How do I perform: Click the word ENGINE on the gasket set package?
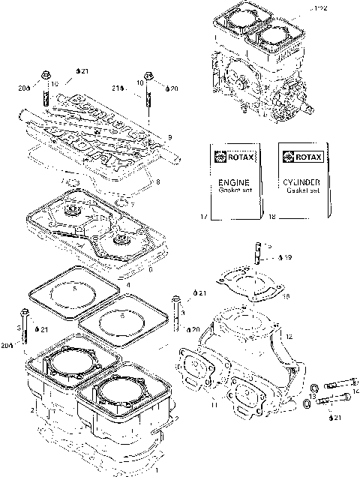[232, 181]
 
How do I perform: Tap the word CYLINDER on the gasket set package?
[304, 181]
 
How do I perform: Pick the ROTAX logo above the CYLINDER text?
[304, 157]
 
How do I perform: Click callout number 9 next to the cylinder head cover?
[169, 137]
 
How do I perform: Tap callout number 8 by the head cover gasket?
[157, 181]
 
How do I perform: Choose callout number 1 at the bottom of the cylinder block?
[156, 470]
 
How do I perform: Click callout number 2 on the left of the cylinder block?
[32, 412]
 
